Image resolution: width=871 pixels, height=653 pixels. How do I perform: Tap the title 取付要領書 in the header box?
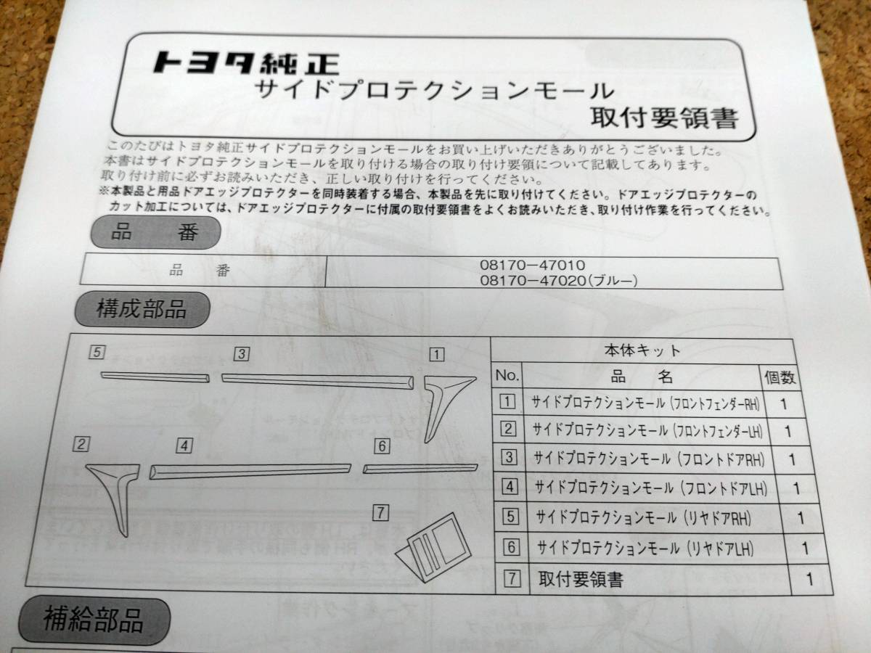[x=663, y=116]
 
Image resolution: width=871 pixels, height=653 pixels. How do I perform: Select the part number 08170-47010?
[x=532, y=265]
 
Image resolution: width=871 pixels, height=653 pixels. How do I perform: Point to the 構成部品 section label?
[x=142, y=310]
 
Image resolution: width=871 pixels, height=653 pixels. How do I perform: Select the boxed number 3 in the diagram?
[x=242, y=354]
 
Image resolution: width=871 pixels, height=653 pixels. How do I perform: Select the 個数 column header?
[x=780, y=377]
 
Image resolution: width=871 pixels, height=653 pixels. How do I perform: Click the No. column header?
[x=507, y=376]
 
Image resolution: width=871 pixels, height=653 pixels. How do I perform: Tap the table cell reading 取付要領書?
[x=581, y=579]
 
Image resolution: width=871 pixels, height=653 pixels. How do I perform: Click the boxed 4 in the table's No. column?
[x=510, y=487]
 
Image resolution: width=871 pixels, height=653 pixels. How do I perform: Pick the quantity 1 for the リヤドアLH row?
[x=804, y=549]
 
